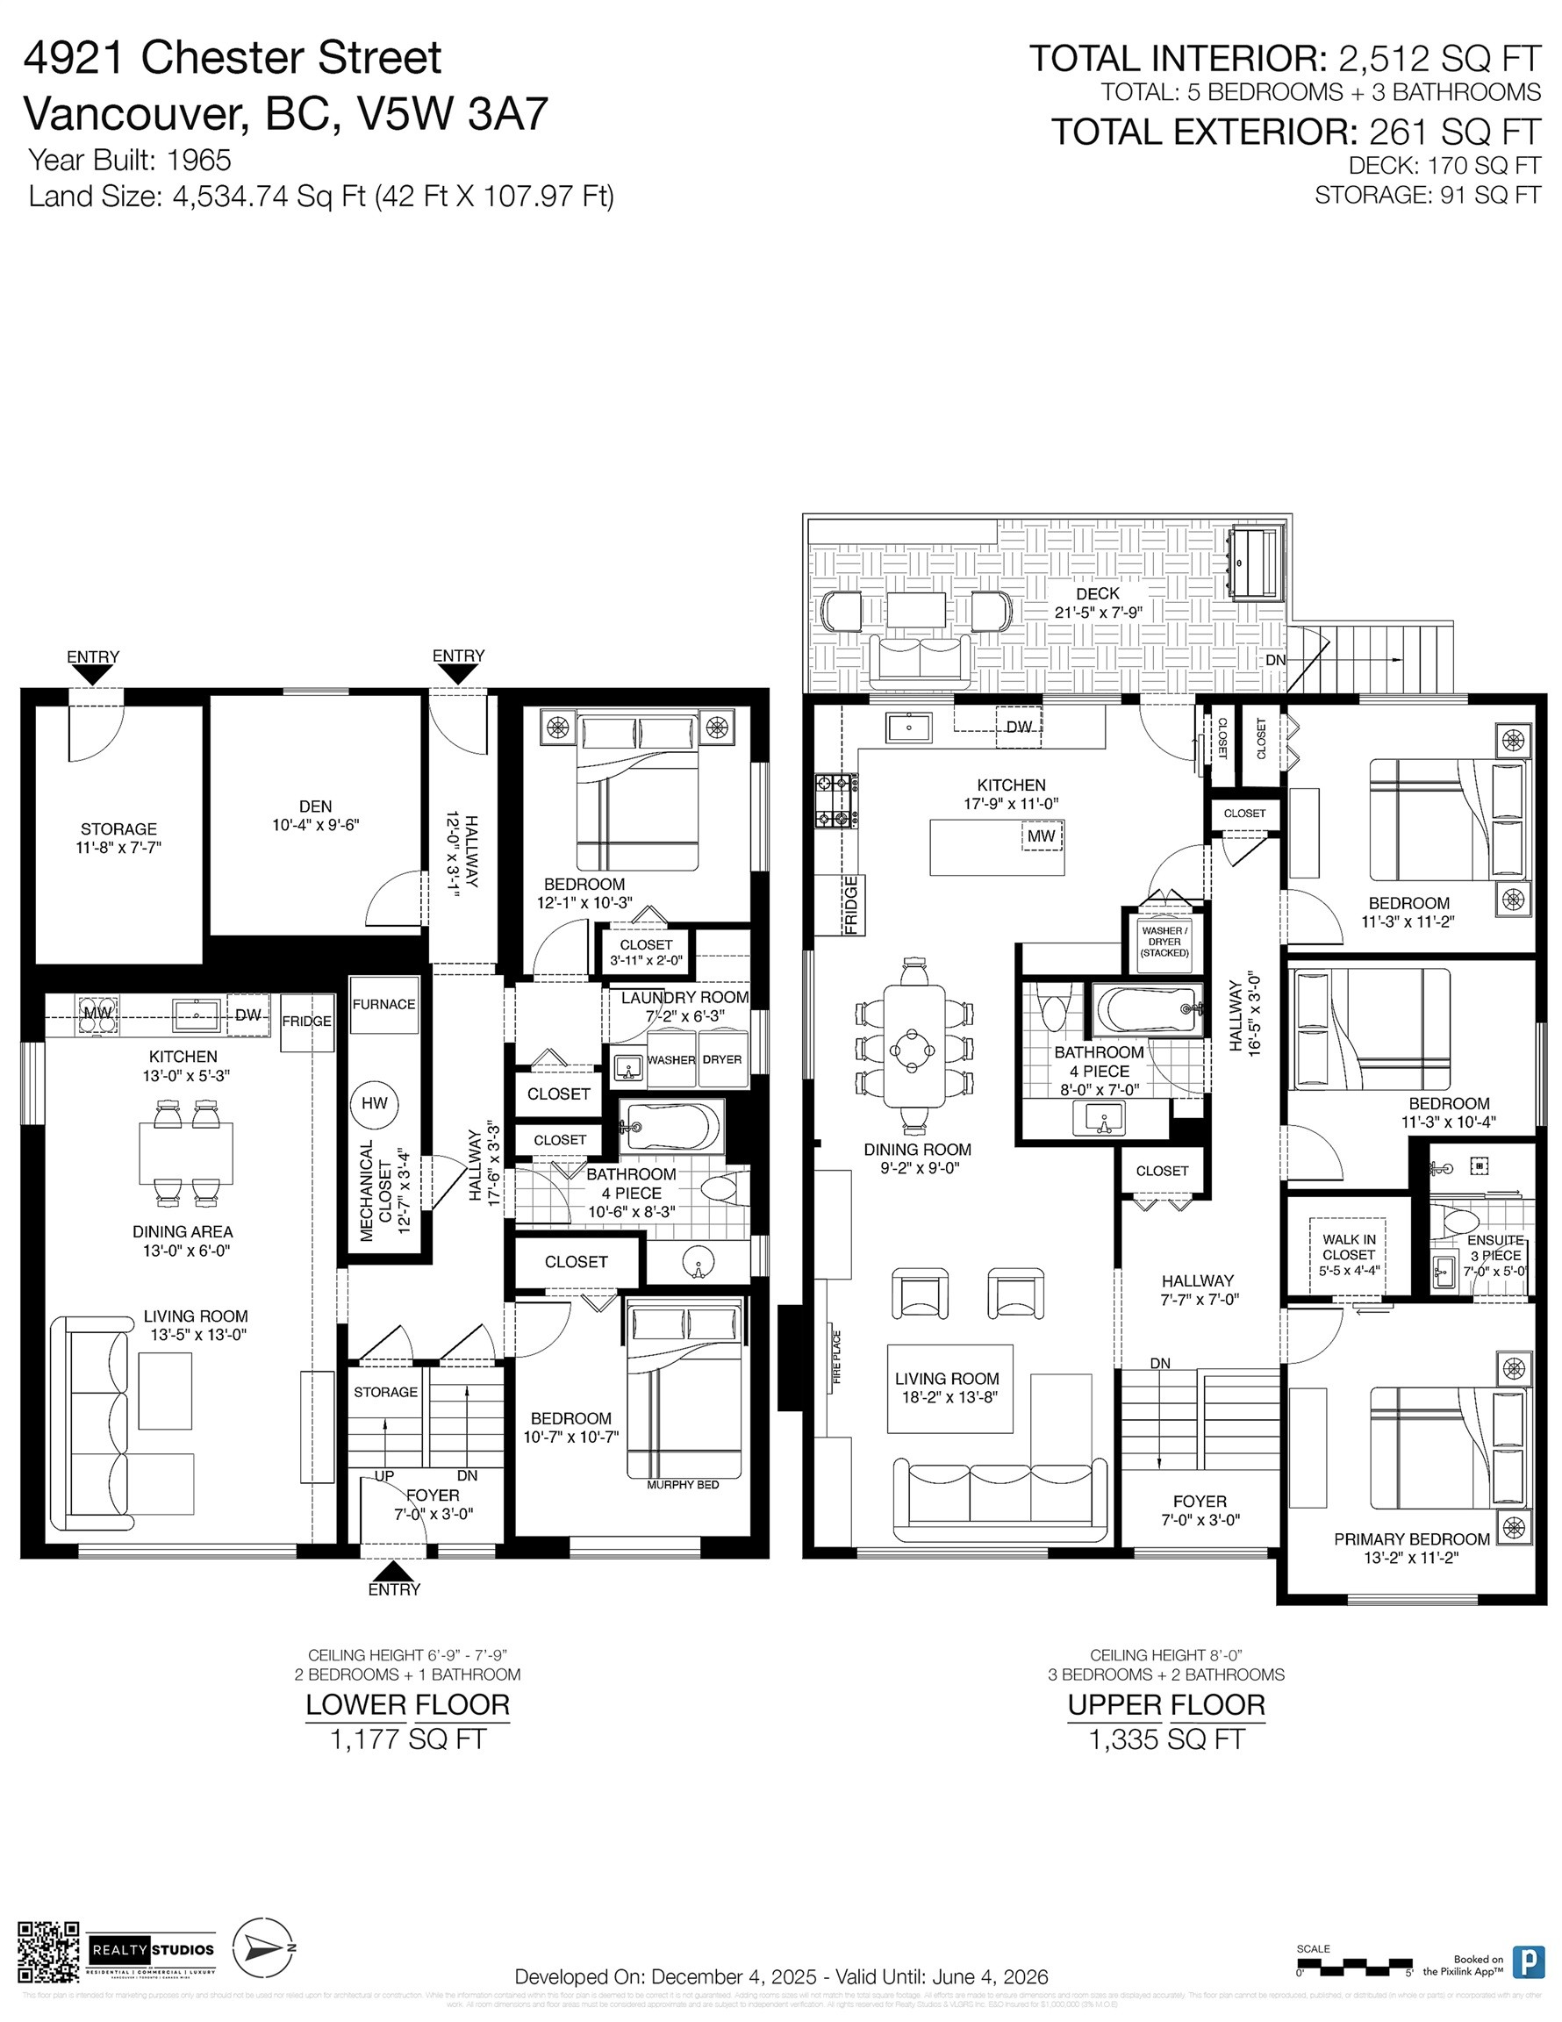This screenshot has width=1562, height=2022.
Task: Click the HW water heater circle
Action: (374, 1102)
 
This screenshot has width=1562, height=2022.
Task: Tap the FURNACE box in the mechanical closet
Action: (383, 1005)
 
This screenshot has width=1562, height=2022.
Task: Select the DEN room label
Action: (315, 807)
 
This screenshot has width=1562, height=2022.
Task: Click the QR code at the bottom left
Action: (49, 1955)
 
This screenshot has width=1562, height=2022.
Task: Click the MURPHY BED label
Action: (683, 1485)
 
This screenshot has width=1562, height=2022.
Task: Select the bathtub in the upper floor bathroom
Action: (1149, 1009)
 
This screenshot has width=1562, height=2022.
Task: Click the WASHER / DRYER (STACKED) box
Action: (1164, 941)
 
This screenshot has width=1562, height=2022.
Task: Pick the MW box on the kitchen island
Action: (1042, 837)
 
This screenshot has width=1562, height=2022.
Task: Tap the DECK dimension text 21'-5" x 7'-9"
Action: (1098, 612)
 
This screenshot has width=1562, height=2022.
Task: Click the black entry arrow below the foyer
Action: (393, 1571)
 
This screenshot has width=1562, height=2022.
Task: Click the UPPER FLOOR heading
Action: (1165, 1704)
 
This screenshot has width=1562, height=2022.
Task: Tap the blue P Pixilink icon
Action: (1527, 1961)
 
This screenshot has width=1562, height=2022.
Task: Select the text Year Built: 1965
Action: (130, 161)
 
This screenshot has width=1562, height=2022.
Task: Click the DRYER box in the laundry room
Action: (721, 1059)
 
